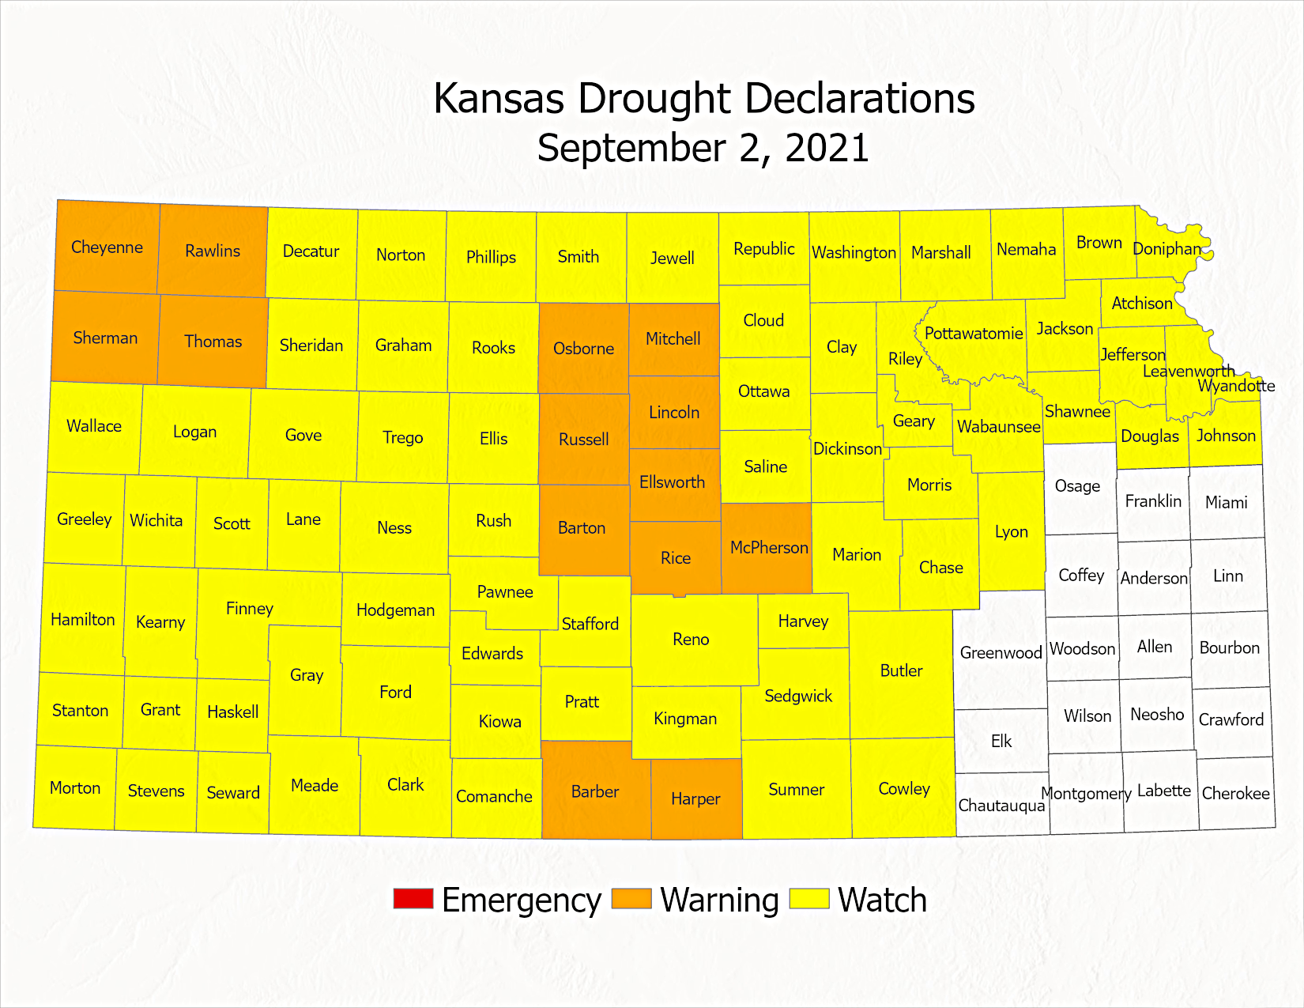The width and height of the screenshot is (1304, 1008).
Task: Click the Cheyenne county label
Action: click(107, 247)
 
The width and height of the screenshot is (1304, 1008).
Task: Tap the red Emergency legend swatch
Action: click(413, 899)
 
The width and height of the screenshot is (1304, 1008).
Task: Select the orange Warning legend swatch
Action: click(631, 899)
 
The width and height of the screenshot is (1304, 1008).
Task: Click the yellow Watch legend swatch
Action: click(809, 899)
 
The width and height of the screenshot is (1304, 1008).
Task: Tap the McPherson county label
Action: click(769, 548)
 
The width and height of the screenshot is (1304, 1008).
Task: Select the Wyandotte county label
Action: click(1236, 386)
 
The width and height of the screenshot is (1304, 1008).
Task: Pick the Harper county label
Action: click(695, 799)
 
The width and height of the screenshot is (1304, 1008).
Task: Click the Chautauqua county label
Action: click(1001, 806)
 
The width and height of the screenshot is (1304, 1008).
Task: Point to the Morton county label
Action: click(75, 788)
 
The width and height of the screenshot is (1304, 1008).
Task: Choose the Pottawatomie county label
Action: click(974, 334)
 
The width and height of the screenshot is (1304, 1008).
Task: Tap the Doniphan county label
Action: click(1166, 249)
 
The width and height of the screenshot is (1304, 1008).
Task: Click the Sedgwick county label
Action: click(798, 697)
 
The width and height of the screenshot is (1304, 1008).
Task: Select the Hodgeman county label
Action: click(395, 610)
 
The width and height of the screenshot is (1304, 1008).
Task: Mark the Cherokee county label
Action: click(1235, 794)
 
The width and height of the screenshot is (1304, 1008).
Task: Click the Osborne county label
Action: click(583, 349)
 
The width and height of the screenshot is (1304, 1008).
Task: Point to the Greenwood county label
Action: click(1001, 653)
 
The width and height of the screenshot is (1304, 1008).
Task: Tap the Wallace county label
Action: click(94, 426)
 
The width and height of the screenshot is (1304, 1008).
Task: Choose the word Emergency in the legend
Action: click(522, 900)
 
